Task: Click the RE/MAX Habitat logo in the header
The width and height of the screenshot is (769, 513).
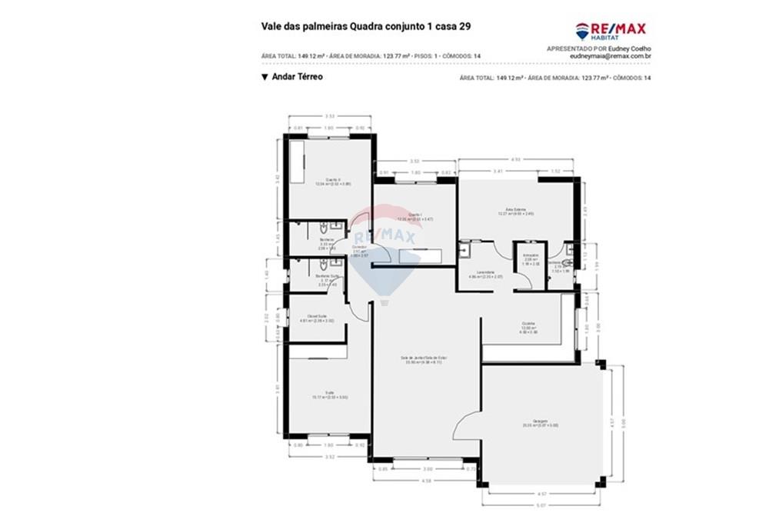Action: [x=611, y=31]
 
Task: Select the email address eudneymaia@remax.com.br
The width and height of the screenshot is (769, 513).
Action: [x=611, y=56]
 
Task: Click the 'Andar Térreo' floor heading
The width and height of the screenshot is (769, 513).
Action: [x=296, y=77]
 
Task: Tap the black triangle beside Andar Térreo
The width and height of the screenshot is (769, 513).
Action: [x=265, y=77]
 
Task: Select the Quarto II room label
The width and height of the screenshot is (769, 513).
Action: [x=332, y=182]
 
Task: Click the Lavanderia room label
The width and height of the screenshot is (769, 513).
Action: [x=485, y=274]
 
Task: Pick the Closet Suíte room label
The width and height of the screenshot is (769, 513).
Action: [x=317, y=318]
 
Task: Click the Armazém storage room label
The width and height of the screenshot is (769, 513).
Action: [x=530, y=258]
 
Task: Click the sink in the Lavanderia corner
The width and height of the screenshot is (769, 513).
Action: [x=464, y=250]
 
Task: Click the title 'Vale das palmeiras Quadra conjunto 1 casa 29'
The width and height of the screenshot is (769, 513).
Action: [x=366, y=26]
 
